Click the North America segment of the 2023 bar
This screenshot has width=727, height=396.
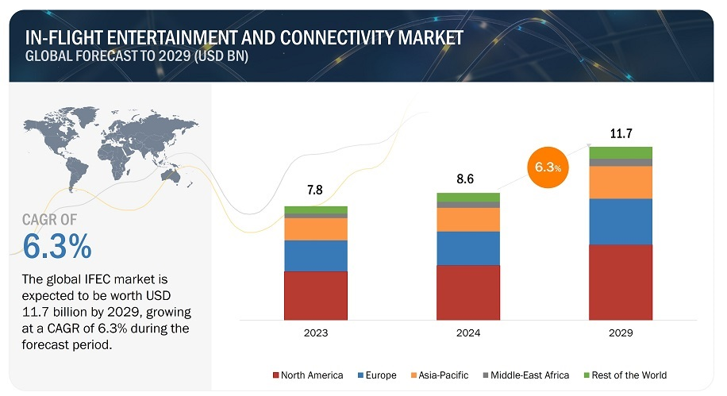(316, 295)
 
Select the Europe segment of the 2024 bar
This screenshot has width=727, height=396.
(468, 248)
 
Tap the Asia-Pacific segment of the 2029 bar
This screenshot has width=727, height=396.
(621, 183)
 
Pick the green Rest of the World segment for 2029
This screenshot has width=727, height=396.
(621, 152)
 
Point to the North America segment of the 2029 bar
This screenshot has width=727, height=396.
(621, 282)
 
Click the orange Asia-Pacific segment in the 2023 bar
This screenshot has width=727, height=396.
(316, 229)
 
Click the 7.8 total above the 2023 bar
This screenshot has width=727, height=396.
(315, 190)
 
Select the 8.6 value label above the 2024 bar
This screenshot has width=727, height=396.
(465, 179)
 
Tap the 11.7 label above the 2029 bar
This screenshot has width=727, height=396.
(621, 133)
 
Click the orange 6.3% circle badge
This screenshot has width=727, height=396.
(548, 167)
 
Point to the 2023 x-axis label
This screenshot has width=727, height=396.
(316, 333)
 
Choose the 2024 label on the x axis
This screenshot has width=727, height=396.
(468, 333)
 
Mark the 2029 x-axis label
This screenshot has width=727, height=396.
(621, 333)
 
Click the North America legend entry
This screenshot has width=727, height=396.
(308, 375)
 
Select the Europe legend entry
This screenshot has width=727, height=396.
(377, 375)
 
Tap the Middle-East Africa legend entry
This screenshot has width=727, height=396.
(525, 375)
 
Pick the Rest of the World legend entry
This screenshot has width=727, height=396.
(625, 375)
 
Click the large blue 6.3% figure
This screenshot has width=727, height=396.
(57, 246)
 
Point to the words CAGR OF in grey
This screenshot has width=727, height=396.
(50, 219)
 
